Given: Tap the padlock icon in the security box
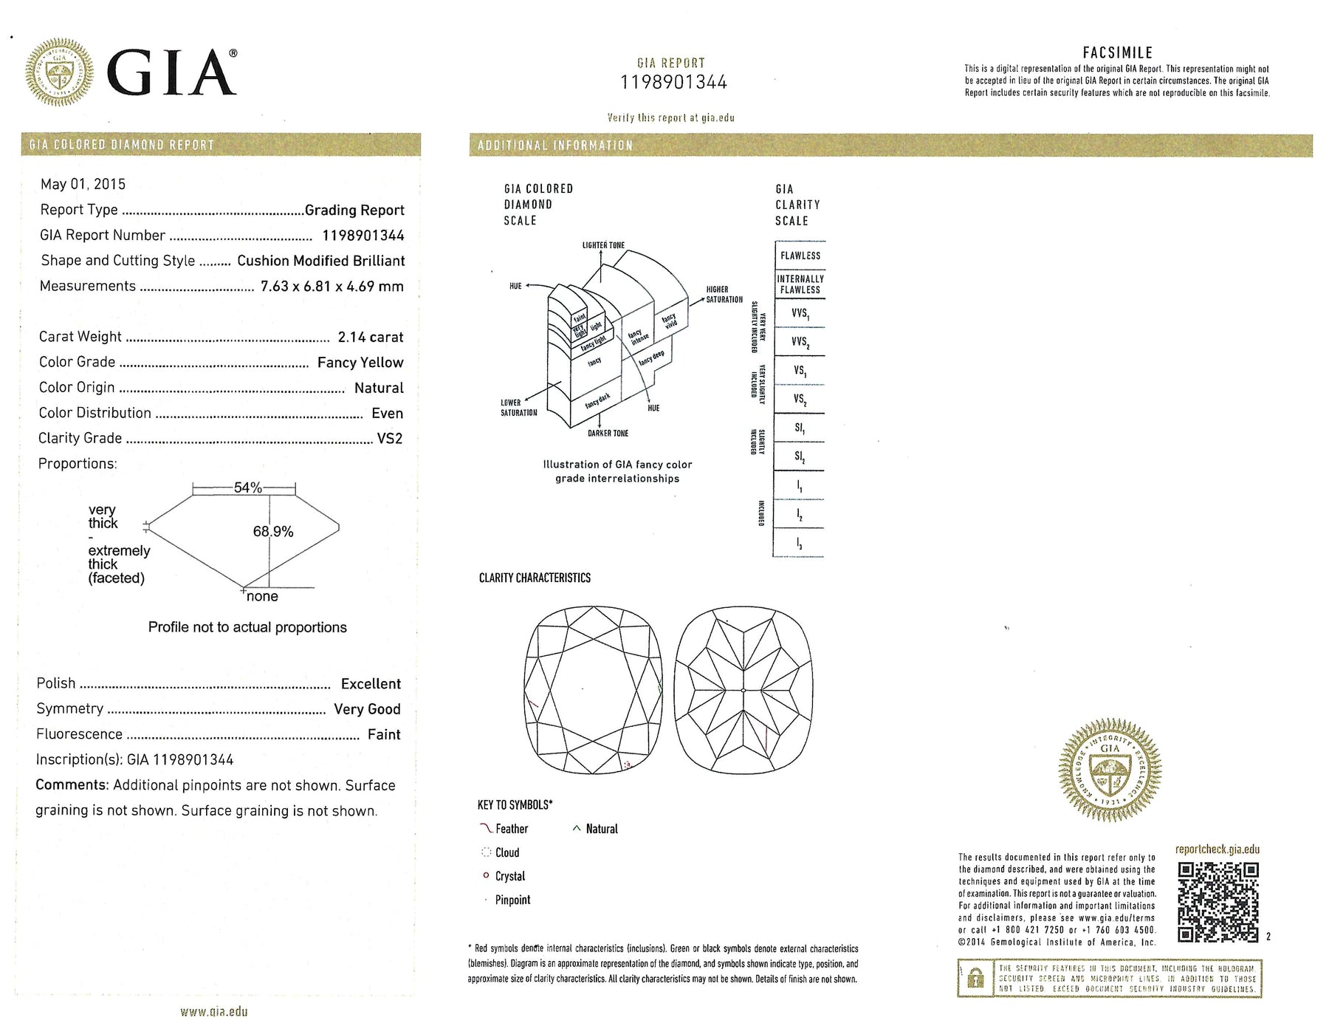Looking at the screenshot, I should [x=975, y=979].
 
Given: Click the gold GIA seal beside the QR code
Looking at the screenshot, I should [x=1110, y=770].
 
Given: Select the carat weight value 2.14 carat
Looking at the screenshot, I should [x=370, y=338].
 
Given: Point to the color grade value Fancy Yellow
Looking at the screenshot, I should [x=360, y=363].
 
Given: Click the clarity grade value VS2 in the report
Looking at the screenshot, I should [x=390, y=439].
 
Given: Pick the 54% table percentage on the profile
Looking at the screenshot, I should [x=248, y=488].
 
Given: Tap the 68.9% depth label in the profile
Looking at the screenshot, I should [x=273, y=532].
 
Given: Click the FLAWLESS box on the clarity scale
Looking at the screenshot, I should [x=800, y=256].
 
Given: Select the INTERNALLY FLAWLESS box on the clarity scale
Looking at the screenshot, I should [x=800, y=284].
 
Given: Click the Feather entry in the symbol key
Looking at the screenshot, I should [x=511, y=829].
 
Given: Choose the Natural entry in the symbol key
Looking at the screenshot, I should [x=601, y=829].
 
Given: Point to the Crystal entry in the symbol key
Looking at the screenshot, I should [x=509, y=876].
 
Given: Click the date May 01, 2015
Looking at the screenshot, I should [x=83, y=184].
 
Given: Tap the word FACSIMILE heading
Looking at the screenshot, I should [x=1117, y=52].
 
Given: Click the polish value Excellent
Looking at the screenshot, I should [x=371, y=684].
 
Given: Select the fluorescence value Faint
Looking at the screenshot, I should [x=384, y=734].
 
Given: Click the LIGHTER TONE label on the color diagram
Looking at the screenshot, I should [x=603, y=245].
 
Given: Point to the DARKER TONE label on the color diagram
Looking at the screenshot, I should [x=608, y=434].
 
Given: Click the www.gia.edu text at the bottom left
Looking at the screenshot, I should [x=214, y=1011].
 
